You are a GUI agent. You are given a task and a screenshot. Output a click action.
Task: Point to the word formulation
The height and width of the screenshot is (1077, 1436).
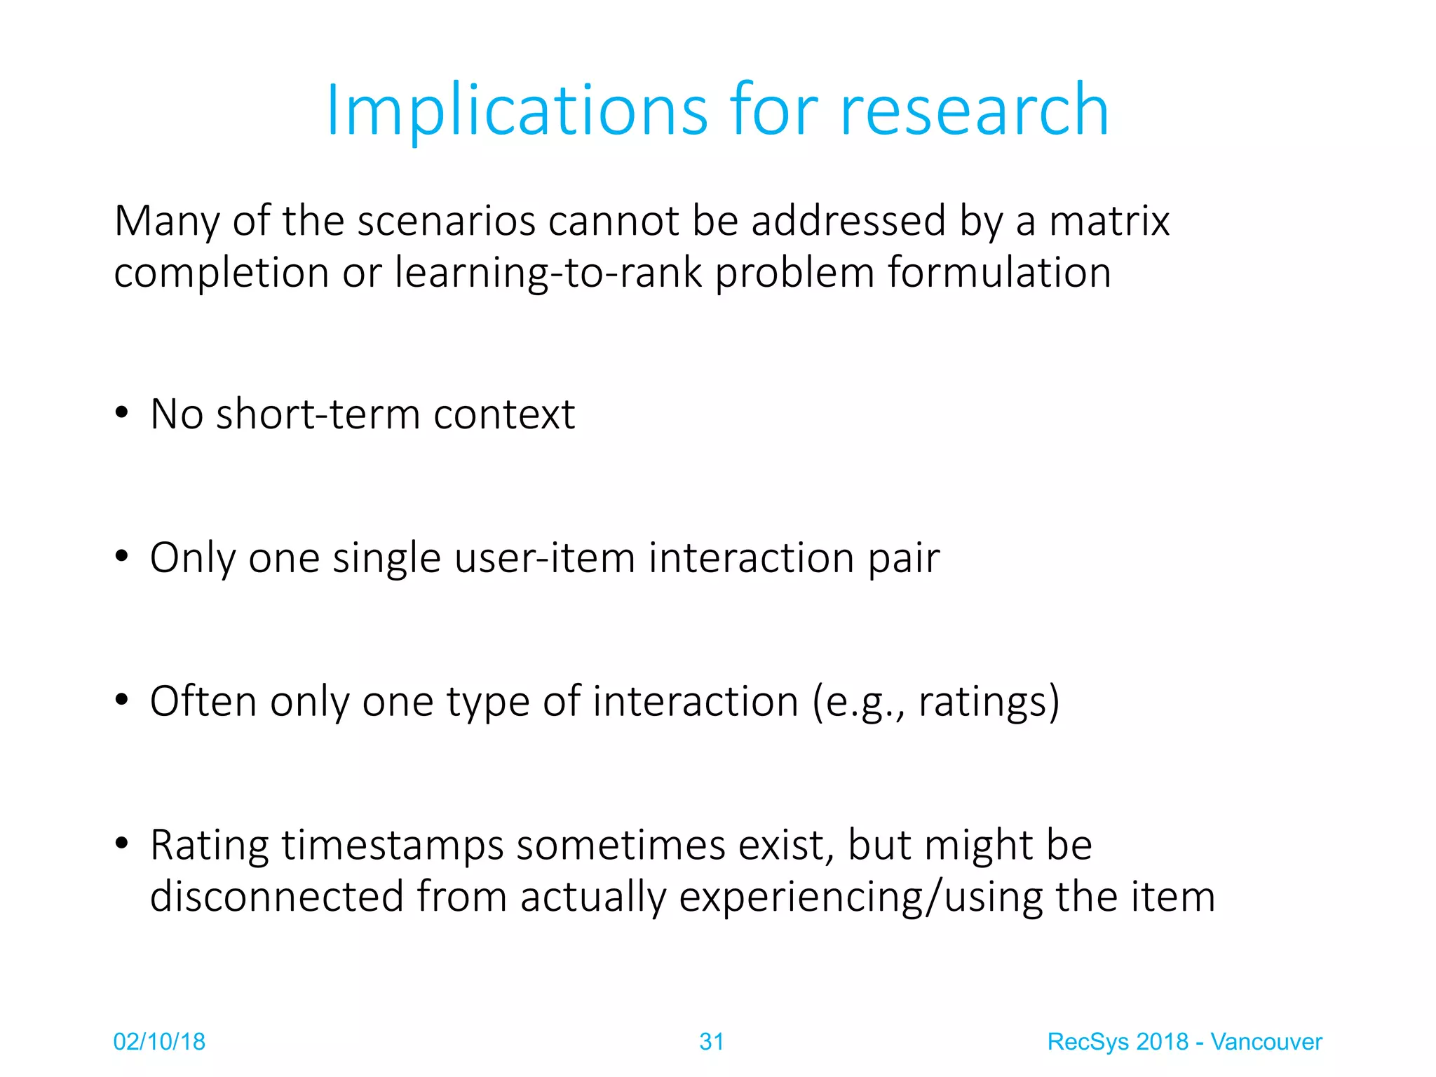coord(999,273)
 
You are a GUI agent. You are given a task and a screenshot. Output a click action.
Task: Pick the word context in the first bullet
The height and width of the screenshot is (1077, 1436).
coord(504,414)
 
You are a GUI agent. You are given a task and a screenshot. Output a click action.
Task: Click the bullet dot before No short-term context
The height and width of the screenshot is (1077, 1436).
coord(122,414)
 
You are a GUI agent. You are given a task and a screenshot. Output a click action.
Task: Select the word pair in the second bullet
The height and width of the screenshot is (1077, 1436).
coord(904,560)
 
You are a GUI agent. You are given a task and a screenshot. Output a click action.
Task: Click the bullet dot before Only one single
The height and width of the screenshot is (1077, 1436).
coord(122,557)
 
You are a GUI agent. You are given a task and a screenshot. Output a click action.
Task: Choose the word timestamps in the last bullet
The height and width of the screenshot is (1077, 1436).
coord(393,846)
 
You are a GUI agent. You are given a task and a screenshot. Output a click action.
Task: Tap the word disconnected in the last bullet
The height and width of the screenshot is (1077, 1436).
coord(277,897)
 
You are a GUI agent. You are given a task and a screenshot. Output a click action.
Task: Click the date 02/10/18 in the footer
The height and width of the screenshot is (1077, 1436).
coord(159,1042)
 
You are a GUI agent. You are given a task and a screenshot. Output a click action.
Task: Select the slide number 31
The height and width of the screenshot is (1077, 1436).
coord(711,1042)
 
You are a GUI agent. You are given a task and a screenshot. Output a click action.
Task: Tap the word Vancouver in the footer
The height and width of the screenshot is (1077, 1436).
coord(1266,1042)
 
